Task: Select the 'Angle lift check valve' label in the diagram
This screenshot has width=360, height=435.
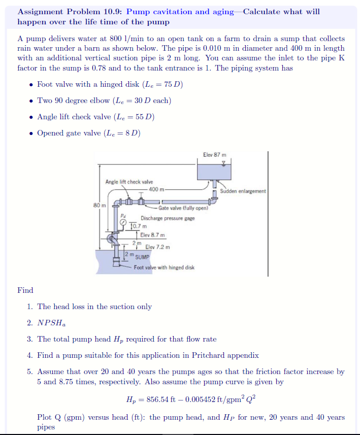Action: pyautogui.click(x=129, y=182)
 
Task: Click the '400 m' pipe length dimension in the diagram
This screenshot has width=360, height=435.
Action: pyautogui.click(x=156, y=189)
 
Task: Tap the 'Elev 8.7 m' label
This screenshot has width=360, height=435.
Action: pyautogui.click(x=152, y=235)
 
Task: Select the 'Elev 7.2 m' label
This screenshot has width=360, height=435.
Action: pyautogui.click(x=157, y=247)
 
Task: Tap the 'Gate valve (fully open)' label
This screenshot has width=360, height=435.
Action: pyautogui.click(x=180, y=208)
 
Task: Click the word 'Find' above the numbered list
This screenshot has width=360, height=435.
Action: pyautogui.click(x=25, y=290)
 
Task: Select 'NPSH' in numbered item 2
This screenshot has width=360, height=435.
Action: pyautogui.click(x=48, y=323)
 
